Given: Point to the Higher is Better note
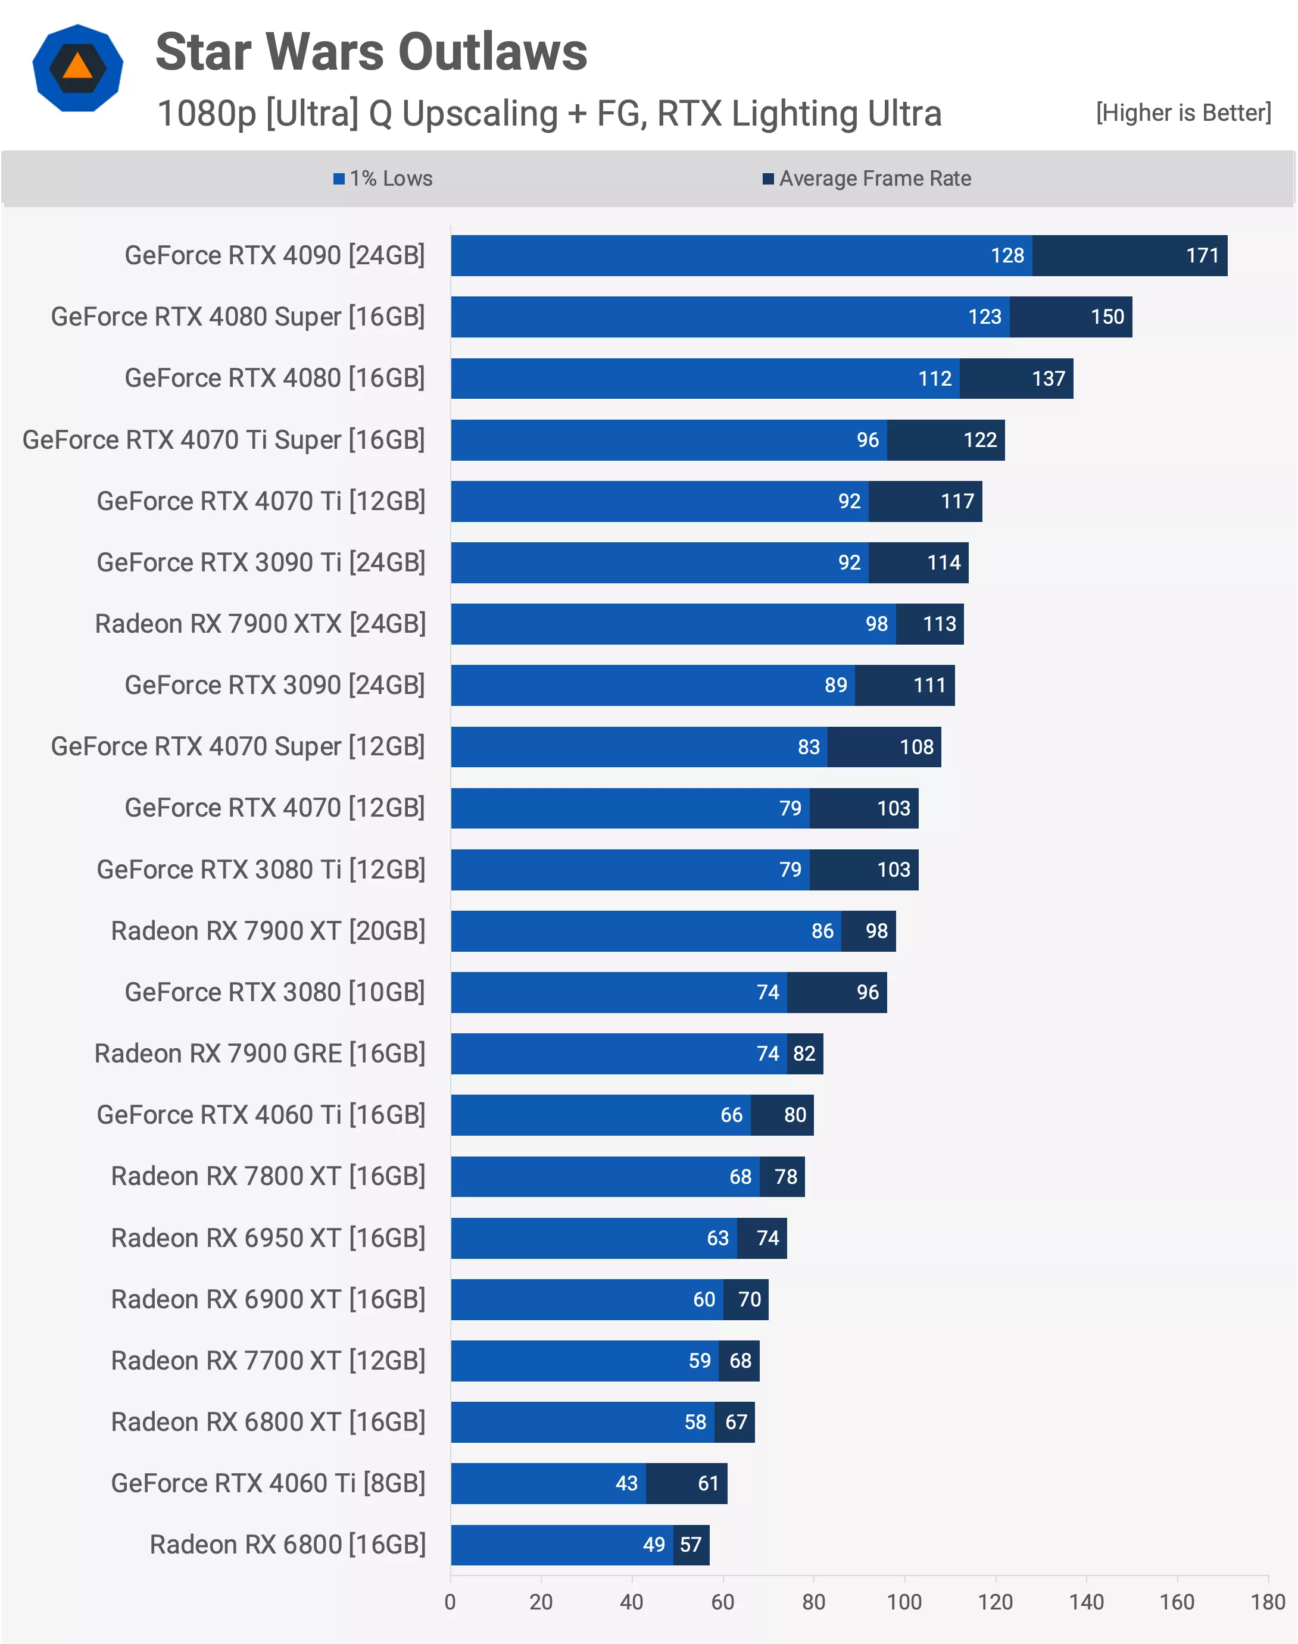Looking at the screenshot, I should point(1182,113).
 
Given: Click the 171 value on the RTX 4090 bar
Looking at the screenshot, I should point(1202,256).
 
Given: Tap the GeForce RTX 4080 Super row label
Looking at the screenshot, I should point(238,317).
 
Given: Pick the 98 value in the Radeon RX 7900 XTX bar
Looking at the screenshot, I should point(876,624).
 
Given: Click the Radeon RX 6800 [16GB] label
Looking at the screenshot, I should point(287,1545).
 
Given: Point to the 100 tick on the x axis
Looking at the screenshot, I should point(904,1602).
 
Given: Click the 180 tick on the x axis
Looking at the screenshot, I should point(1268,1602).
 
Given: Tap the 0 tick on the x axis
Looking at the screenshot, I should point(450,1602).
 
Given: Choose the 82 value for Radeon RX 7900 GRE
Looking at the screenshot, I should point(804,1054).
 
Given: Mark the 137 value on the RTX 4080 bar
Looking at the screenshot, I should point(1048,379).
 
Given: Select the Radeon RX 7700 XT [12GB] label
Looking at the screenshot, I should point(269,1361).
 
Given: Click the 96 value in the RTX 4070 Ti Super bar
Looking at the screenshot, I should point(867,440).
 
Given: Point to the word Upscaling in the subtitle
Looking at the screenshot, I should point(480,114).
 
